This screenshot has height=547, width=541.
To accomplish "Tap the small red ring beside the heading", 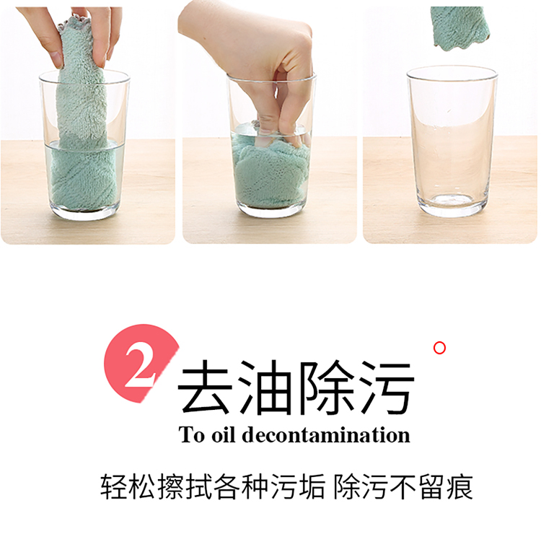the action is [439, 348].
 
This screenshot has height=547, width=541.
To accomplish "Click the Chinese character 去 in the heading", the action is [206, 387].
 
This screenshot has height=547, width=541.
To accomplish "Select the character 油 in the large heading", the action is [265, 387].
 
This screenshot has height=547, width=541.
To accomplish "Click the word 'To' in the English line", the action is [191, 434].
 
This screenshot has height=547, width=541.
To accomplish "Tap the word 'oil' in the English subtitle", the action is [223, 434].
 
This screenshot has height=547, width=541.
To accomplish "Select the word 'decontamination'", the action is [326, 434].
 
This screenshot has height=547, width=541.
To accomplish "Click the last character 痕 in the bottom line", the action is [459, 486].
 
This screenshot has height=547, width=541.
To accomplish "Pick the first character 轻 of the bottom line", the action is [113, 486].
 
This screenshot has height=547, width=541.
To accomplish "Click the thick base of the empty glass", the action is [452, 205].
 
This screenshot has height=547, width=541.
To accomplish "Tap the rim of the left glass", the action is [84, 78].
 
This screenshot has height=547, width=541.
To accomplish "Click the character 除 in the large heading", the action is [327, 387].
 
